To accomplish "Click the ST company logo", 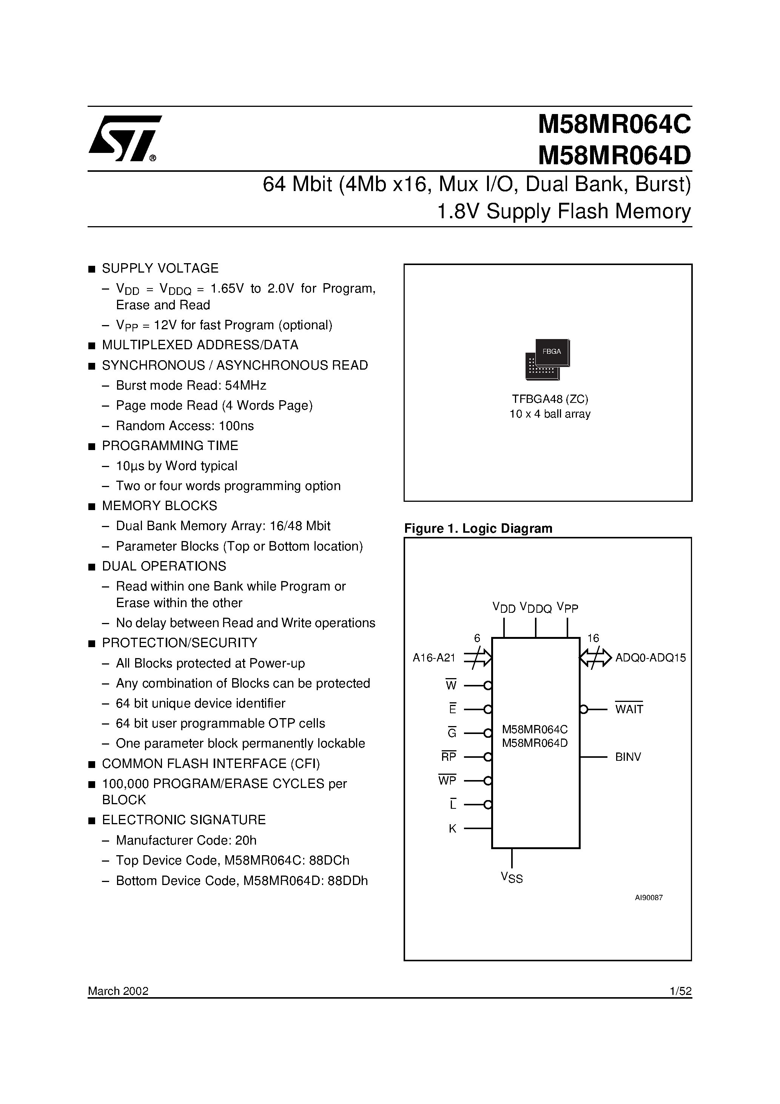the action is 124,139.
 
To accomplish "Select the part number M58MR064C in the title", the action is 614,125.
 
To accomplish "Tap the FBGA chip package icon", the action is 548,360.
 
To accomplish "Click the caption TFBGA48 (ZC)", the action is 550,399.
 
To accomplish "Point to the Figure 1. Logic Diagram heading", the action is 478,529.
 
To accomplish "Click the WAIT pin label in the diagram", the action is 629,709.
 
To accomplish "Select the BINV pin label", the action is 627,757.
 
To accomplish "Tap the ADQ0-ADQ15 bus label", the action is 650,658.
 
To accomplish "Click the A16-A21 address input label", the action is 434,658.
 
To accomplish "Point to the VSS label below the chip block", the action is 512,877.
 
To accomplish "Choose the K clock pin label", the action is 452,828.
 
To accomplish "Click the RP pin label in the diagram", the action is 449,757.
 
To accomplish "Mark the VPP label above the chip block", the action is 567,607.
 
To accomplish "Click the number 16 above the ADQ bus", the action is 593,638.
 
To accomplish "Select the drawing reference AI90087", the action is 649,897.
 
